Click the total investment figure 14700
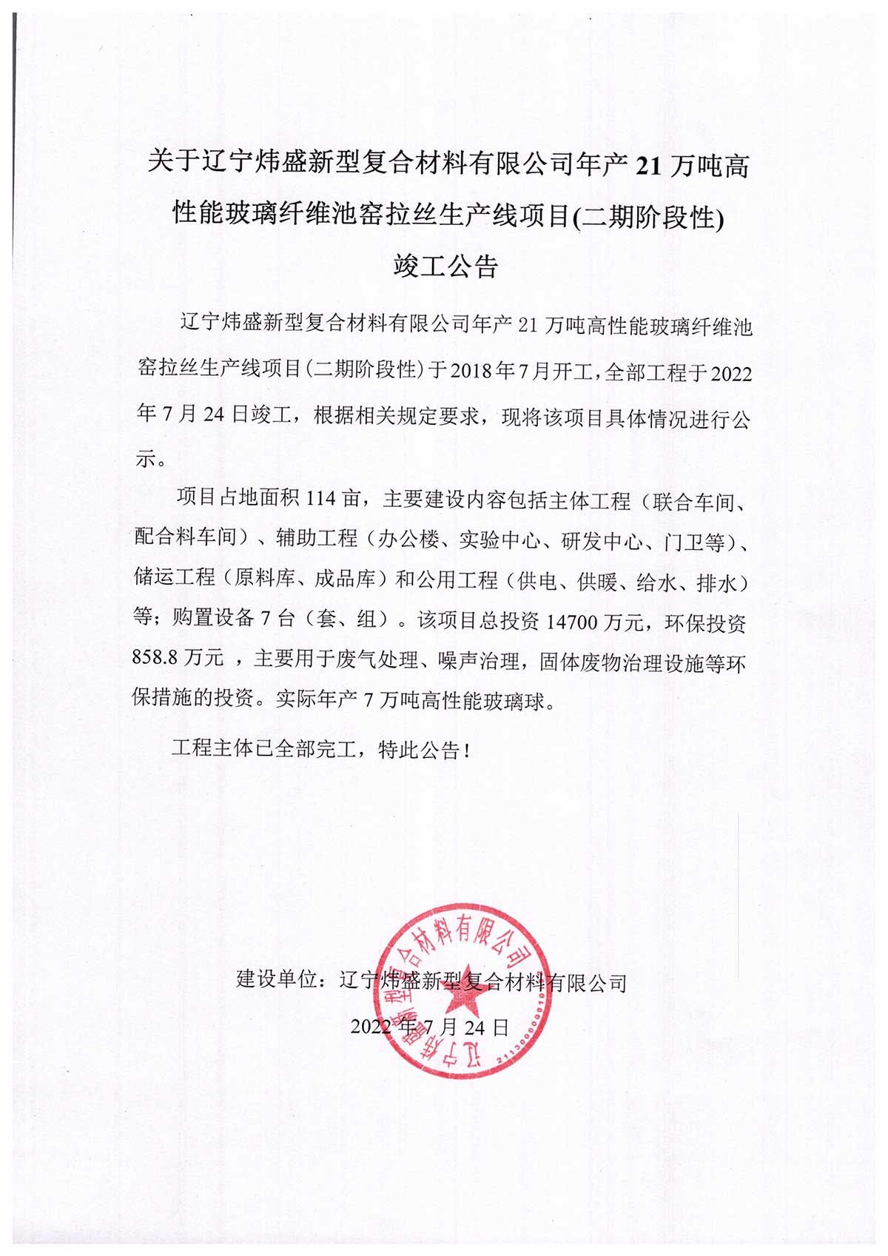click(571, 621)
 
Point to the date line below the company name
click(430, 1027)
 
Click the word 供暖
click(597, 582)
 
